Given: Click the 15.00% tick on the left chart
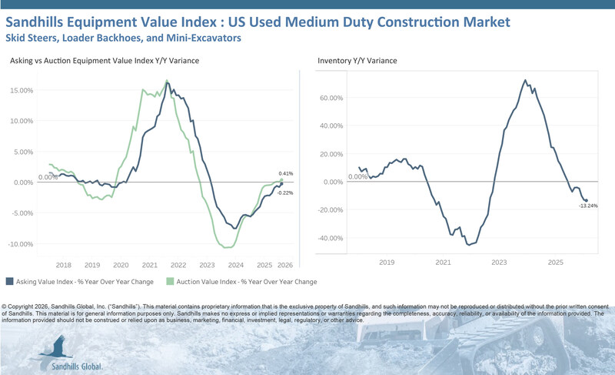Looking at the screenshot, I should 22,90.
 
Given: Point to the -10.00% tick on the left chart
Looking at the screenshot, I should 21,244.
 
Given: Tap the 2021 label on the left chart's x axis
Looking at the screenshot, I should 150,263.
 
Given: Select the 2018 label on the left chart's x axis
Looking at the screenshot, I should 64,263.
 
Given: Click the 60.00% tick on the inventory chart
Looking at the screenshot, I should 330,98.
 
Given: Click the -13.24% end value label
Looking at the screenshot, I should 590,206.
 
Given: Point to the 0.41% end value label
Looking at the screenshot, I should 286,173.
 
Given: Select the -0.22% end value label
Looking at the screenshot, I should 285,193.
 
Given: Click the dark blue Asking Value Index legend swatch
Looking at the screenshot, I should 9,282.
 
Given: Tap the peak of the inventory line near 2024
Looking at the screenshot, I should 524,79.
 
